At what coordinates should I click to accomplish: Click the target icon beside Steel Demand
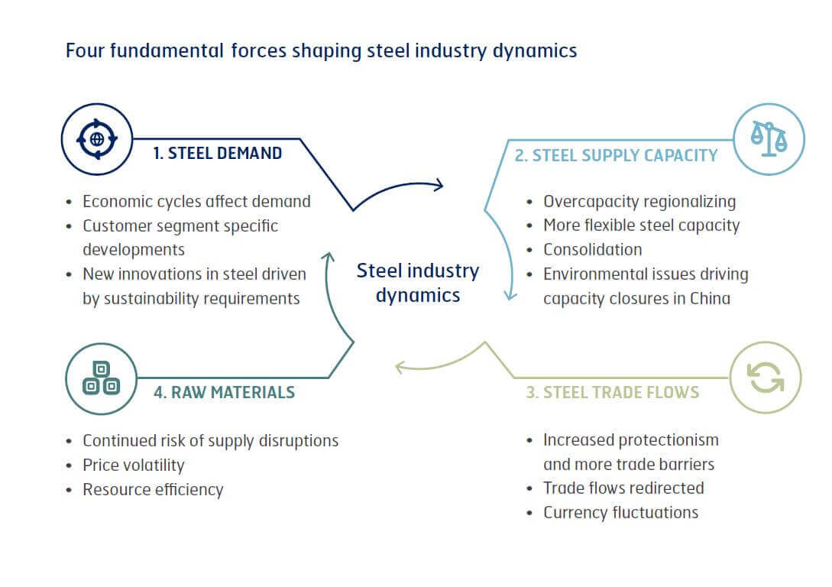click(97, 139)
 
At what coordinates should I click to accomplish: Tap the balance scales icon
click(769, 139)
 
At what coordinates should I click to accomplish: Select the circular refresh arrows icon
click(766, 378)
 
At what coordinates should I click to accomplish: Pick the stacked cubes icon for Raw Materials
click(102, 378)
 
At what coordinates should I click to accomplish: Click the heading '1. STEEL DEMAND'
click(218, 154)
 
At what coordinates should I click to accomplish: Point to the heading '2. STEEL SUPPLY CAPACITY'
click(616, 155)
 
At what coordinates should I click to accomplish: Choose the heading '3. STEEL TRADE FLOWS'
click(612, 392)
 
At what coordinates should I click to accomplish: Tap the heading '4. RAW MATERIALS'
click(224, 392)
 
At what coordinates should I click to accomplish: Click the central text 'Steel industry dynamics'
click(418, 283)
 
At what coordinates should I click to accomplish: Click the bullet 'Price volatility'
click(134, 465)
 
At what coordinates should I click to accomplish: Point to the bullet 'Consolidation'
click(593, 249)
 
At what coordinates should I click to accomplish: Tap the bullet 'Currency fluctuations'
click(621, 513)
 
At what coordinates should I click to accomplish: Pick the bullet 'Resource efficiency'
click(153, 490)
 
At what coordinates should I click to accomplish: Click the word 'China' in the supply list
click(710, 298)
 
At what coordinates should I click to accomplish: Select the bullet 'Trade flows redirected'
click(623, 488)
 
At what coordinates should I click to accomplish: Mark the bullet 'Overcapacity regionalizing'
click(639, 203)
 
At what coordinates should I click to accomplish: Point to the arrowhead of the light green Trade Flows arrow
click(398, 366)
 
